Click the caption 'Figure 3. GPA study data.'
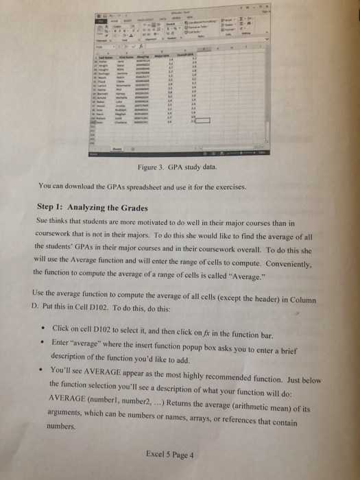pyautogui.click(x=177, y=167)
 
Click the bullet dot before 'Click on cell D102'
pyautogui.click(x=41, y=329)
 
